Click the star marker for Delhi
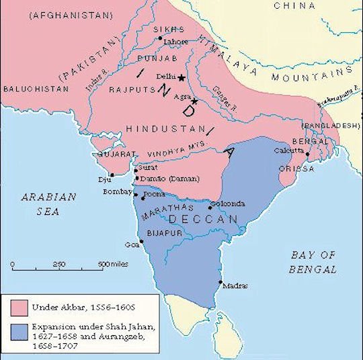click(x=180, y=78)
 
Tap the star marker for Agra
click(x=195, y=101)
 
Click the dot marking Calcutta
click(x=307, y=154)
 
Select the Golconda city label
click(x=228, y=204)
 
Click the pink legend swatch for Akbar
click(x=19, y=308)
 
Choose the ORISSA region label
click(x=300, y=169)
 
